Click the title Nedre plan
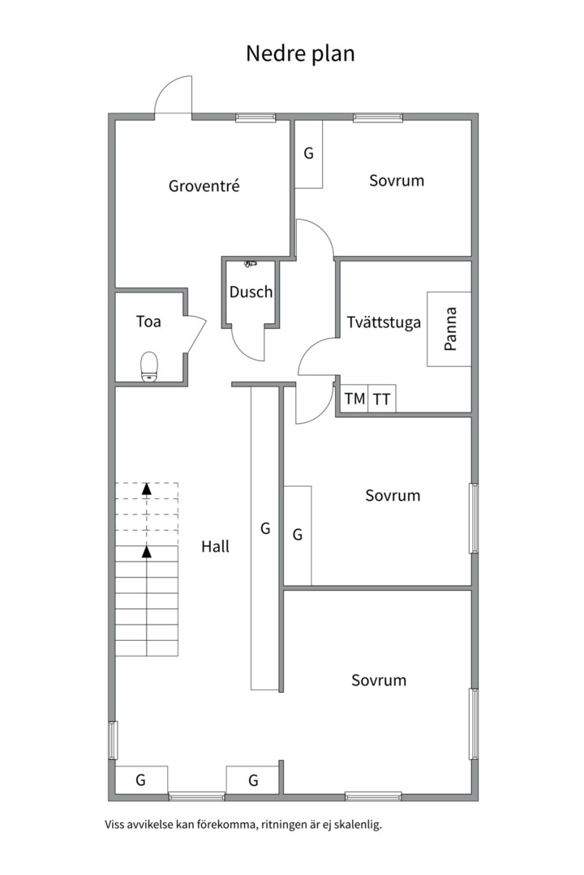[300, 53]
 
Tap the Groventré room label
[204, 186]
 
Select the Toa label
[148, 322]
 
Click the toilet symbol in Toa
[149, 365]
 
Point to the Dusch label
[251, 292]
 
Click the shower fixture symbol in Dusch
[250, 263]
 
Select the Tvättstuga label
[384, 322]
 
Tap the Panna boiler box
[449, 328]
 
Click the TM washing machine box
[354, 399]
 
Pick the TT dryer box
[381, 399]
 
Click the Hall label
[215, 547]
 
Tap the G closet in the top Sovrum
[308, 154]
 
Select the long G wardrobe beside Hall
[265, 535]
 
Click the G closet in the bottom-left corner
[141, 780]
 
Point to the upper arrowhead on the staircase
[146, 488]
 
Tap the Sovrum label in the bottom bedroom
[379, 681]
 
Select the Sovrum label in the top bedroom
[397, 180]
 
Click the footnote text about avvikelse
[243, 825]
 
